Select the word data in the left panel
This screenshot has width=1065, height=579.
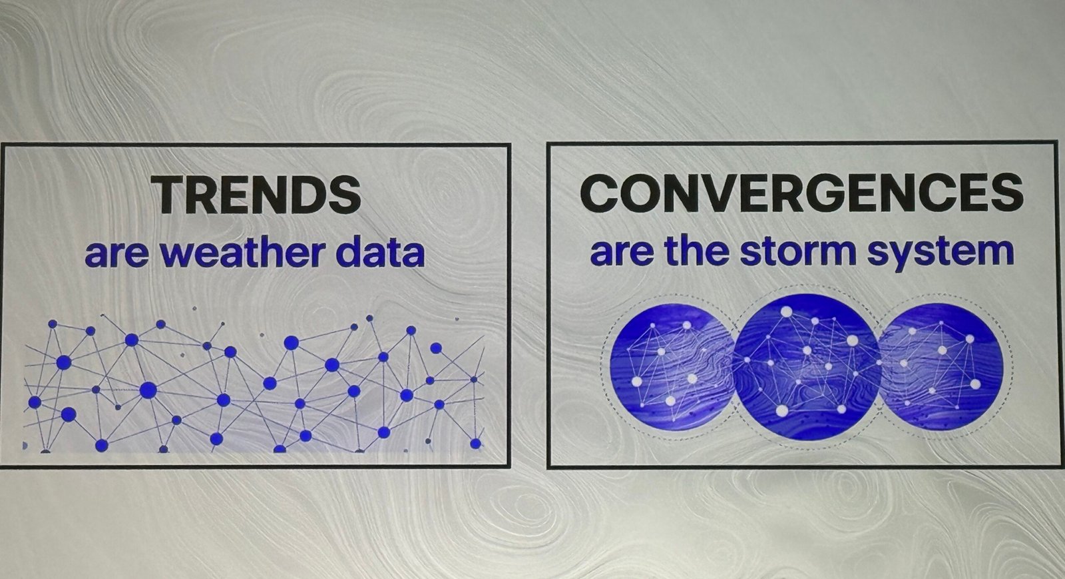tap(383, 253)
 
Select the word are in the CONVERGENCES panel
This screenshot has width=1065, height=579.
tap(622, 253)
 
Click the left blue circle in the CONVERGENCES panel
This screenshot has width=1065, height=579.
tap(670, 368)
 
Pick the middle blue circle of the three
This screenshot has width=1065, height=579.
tap(806, 366)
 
